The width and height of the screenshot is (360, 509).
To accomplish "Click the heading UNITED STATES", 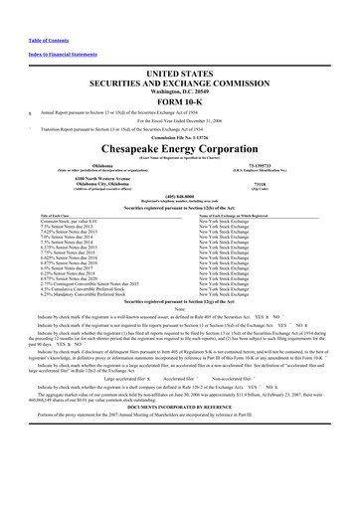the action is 180,47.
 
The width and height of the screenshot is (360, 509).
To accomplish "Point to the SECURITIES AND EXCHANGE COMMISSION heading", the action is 180,58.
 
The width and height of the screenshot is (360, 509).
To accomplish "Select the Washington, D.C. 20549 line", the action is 180,66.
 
